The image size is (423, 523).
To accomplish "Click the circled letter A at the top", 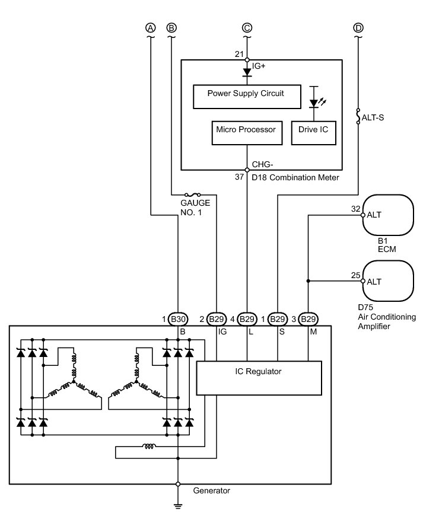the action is (x=151, y=28).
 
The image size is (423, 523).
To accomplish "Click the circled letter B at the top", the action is (x=171, y=28).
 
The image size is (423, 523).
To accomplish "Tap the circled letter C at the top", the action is (x=247, y=28).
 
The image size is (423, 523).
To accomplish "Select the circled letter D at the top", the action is (x=358, y=28).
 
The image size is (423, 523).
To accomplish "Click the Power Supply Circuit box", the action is (x=247, y=97).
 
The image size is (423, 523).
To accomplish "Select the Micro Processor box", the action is (x=247, y=133).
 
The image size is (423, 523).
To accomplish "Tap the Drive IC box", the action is (x=314, y=133).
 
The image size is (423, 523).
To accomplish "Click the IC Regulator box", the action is (x=259, y=378).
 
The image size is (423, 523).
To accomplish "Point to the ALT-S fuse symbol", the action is (x=358, y=116).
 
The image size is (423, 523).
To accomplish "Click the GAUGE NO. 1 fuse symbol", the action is (x=192, y=194).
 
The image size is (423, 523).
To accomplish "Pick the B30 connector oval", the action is (x=178, y=319).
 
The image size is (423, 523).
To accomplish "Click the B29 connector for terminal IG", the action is (x=216, y=319).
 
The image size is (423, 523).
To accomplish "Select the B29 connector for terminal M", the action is (x=308, y=319).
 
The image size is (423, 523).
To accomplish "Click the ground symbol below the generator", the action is (x=178, y=506).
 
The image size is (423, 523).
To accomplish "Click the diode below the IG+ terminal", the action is (x=247, y=72).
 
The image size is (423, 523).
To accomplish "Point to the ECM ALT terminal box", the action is (x=388, y=215).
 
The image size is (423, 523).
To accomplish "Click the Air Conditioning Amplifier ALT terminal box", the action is (x=388, y=281).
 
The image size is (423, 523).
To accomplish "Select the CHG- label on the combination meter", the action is (x=262, y=164).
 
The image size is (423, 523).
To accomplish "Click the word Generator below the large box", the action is (x=211, y=490).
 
